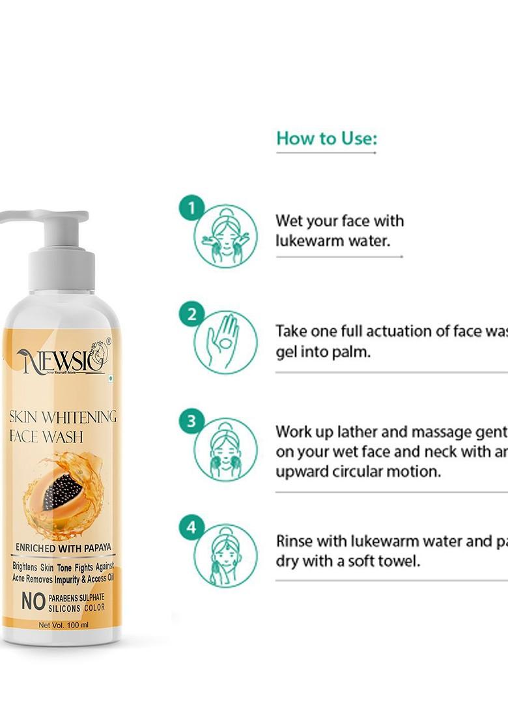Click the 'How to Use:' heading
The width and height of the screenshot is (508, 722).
tap(326, 138)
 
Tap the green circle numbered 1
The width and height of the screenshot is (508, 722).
tap(191, 209)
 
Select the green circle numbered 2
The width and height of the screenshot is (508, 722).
tap(191, 315)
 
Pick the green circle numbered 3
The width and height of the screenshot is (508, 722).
tap(191, 422)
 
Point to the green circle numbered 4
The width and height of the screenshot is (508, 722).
tap(191, 527)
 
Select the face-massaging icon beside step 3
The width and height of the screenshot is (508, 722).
tap(225, 449)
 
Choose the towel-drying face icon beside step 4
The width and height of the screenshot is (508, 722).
tap(225, 555)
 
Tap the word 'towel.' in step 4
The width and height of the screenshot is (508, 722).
tap(398, 560)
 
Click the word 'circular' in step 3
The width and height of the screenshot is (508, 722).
tap(360, 470)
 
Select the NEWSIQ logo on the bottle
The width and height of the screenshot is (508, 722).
tap(63, 359)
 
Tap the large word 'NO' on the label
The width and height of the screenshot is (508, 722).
tap(33, 601)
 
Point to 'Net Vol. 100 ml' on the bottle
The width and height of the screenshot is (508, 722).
tap(63, 625)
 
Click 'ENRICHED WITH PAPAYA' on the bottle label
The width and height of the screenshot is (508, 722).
tap(63, 548)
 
